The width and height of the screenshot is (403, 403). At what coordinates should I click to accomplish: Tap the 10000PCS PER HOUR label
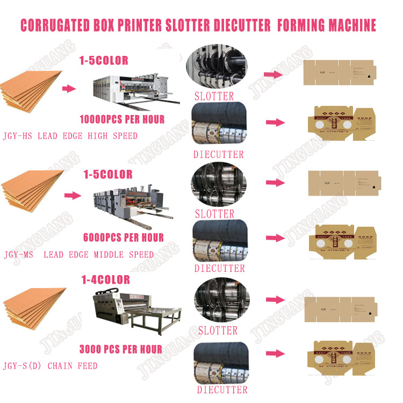(x=122, y=119)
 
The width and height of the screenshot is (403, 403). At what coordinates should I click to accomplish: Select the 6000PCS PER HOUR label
(x=124, y=237)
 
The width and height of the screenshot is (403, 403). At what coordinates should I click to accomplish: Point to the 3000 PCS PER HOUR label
(x=120, y=349)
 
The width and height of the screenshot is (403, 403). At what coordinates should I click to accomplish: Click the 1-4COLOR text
(x=105, y=279)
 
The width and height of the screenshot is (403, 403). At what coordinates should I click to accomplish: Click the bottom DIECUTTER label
(x=222, y=390)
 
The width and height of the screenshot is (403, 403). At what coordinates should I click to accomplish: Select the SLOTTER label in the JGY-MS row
(x=214, y=214)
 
